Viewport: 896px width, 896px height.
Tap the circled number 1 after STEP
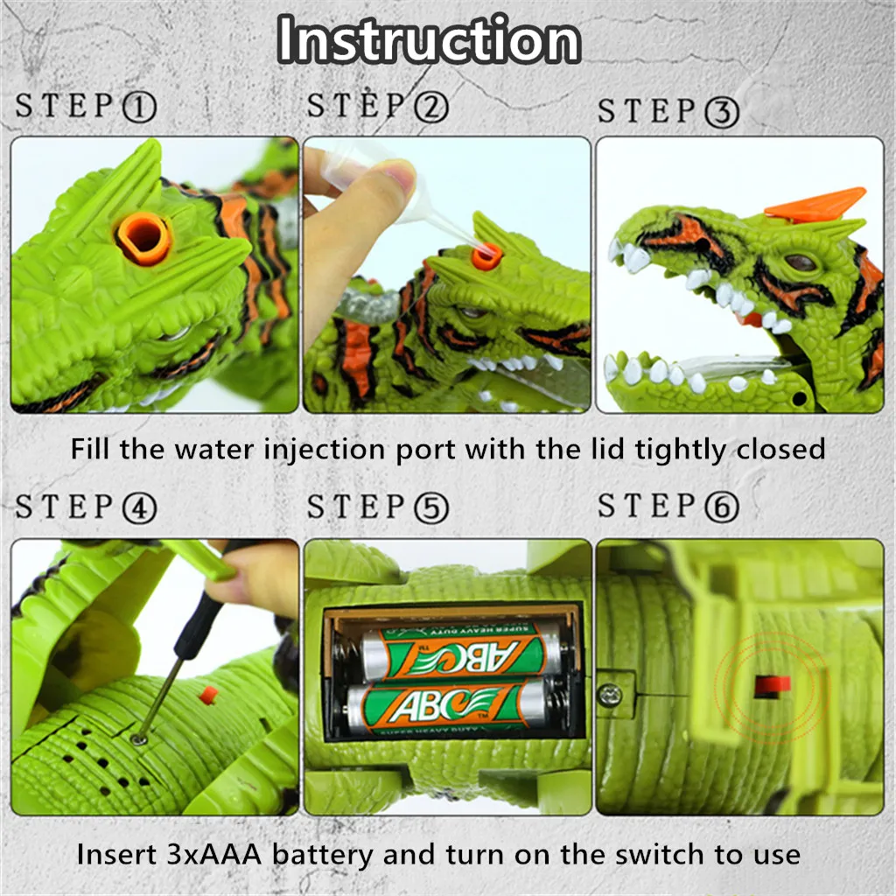139,108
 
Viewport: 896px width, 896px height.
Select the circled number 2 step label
430,108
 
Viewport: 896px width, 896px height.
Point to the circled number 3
722,112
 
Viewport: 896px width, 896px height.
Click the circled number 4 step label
139,508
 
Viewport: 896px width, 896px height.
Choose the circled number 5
430,508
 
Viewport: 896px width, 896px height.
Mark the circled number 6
722,507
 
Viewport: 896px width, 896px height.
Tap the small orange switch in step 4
208,695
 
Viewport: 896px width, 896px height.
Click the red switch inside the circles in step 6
773,686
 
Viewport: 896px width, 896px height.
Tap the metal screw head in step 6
610,695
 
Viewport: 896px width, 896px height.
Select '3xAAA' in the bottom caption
213,855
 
